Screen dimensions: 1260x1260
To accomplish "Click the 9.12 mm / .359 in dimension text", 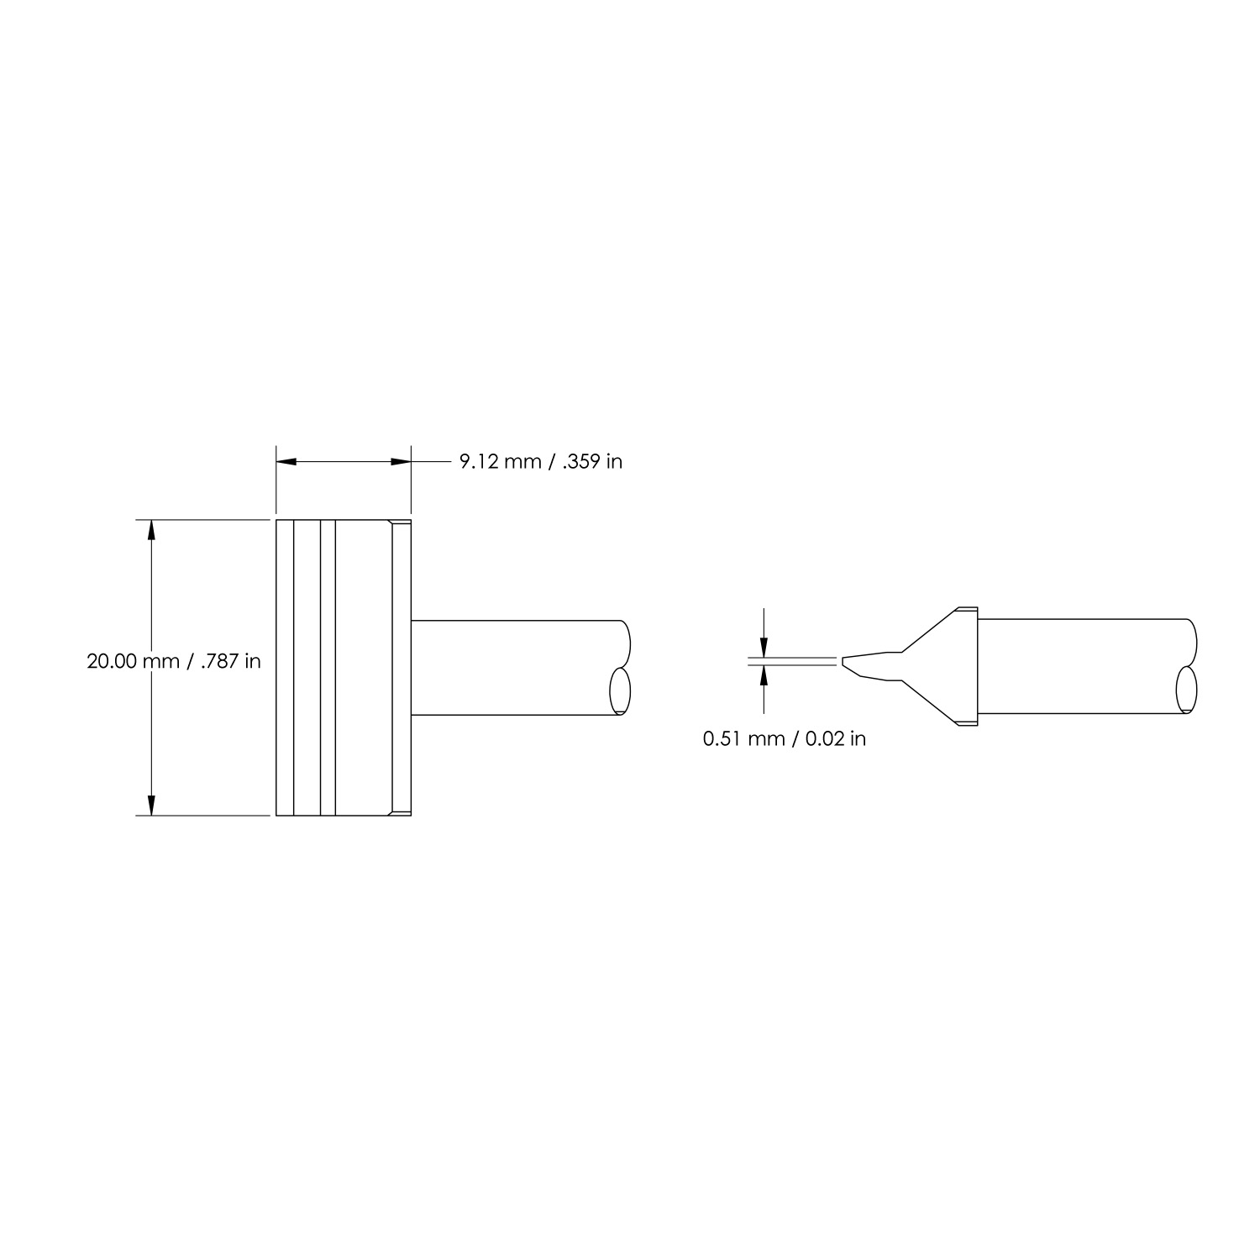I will pyautogui.click(x=540, y=462).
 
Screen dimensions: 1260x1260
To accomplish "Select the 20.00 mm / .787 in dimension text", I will pyautogui.click(x=174, y=661).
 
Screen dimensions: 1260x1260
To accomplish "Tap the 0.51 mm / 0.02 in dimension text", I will pyautogui.click(x=784, y=738).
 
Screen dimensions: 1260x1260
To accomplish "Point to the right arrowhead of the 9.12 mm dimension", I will pyautogui.click(x=400, y=461).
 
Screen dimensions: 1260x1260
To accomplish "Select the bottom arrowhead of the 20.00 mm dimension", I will pyautogui.click(x=151, y=805).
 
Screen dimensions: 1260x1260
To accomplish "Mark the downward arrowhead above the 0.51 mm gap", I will pyautogui.click(x=764, y=646).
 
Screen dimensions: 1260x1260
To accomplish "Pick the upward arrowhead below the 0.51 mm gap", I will pyautogui.click(x=764, y=676).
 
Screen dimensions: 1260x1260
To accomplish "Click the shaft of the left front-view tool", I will pyautogui.click(x=512, y=668).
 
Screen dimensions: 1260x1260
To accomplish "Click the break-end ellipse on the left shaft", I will pyautogui.click(x=620, y=690).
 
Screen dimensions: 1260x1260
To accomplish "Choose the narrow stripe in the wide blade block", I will pyautogui.click(x=328, y=668).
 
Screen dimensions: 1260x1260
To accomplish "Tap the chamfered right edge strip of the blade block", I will pyautogui.click(x=402, y=668).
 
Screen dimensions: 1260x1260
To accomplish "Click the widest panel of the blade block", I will pyautogui.click(x=363, y=668).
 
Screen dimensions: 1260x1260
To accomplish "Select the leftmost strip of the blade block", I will pyautogui.click(x=285, y=668).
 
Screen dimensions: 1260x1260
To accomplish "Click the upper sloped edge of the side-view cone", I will pyautogui.click(x=928, y=630).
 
